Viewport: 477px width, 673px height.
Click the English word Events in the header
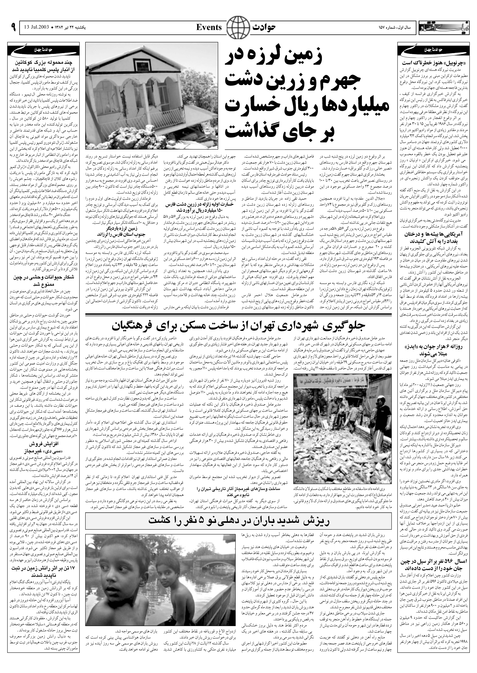click(209, 28)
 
